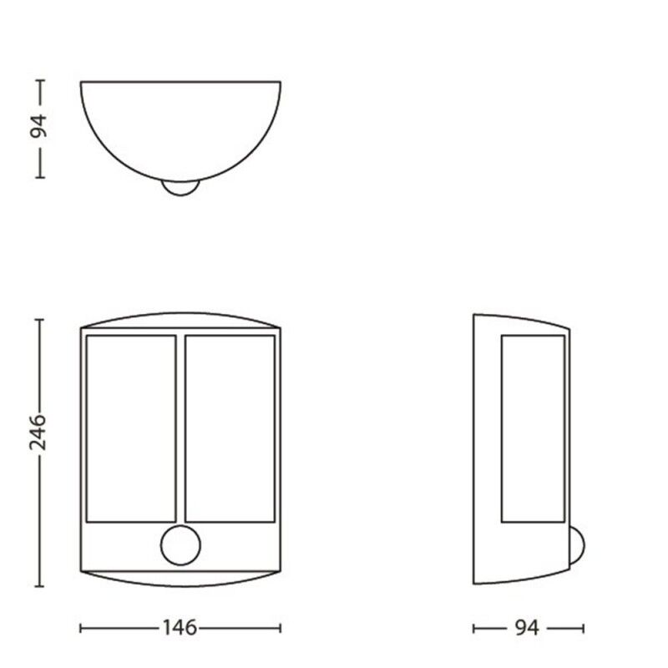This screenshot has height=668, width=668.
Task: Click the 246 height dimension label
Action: [x=38, y=432]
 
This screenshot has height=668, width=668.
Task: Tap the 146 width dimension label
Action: [x=180, y=628]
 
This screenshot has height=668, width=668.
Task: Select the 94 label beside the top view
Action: [x=38, y=126]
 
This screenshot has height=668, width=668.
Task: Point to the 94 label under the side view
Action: [x=527, y=628]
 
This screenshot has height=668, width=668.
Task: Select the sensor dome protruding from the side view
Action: [x=577, y=546]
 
